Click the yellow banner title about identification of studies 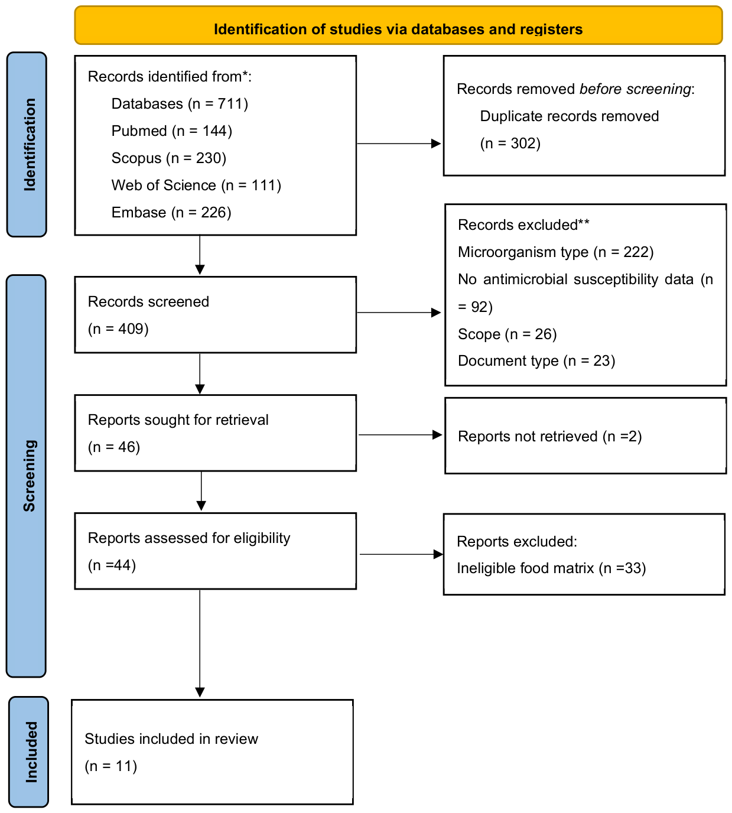coord(398,29)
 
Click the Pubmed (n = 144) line coord(172,131)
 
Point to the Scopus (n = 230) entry coord(169,158)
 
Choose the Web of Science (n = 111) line coord(196,185)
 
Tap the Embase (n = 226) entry coord(171,212)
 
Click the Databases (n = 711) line coord(180,104)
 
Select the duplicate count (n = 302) coord(510,144)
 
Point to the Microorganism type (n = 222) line coord(556,252)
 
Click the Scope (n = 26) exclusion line coord(507,334)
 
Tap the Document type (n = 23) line coord(536,360)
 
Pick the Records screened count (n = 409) coord(118,329)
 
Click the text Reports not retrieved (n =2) coord(550,437)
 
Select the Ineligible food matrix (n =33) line coord(551,568)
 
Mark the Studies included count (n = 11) coord(110,766)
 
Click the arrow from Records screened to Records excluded coord(399,313)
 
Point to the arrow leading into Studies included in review coord(200,643)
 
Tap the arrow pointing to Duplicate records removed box coord(399,144)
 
